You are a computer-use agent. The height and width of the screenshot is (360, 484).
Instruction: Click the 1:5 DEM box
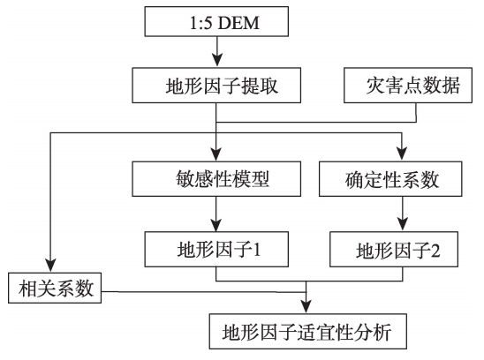[216, 21]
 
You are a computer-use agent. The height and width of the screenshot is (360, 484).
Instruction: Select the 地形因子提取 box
[216, 85]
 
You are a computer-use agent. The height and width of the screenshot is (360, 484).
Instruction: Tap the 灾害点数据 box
[408, 85]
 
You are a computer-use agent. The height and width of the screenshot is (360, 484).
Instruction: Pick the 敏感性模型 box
[216, 178]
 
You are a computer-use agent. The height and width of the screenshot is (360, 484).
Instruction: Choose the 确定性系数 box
[390, 178]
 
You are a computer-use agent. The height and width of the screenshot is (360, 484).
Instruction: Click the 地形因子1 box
[216, 249]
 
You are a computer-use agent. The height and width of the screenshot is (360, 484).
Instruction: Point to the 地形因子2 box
[394, 249]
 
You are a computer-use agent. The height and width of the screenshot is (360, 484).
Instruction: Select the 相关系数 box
[55, 288]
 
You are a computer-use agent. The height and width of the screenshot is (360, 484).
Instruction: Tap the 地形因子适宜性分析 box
[308, 331]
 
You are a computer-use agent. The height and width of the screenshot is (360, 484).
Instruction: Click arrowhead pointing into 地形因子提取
[217, 61]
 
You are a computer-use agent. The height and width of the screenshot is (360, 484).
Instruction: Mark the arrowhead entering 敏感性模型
[216, 154]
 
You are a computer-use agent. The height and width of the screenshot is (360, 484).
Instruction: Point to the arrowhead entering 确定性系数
[402, 154]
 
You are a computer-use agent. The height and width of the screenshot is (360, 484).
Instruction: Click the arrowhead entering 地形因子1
[216, 225]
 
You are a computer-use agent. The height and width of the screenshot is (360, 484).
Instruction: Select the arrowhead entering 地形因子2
[403, 225]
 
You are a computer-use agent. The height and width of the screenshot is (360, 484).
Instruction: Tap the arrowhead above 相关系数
[50, 266]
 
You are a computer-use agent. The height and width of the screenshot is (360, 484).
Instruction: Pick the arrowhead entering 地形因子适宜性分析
[306, 307]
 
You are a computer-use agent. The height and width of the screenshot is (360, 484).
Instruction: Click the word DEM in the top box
[238, 23]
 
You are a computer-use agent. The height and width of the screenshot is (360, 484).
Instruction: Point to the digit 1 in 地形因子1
[257, 249]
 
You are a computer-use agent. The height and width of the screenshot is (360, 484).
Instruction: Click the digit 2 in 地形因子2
[435, 250]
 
